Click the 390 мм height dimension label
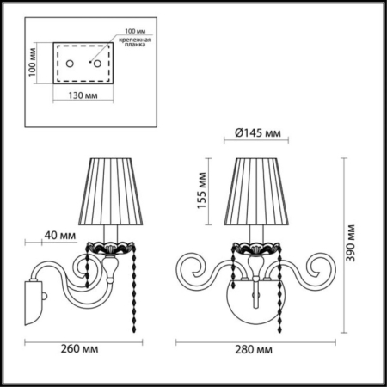point(353,243)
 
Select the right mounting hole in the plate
point(97,64)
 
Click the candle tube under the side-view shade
point(108,233)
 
